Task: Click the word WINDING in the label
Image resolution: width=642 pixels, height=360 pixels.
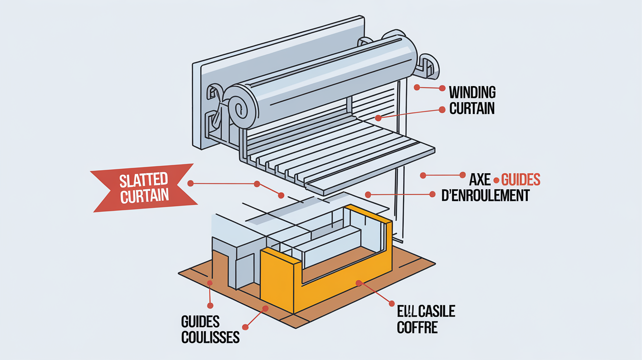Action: click(472, 92)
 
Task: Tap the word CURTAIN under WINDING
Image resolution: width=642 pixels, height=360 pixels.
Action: click(472, 108)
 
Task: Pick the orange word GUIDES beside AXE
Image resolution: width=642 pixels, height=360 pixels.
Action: click(521, 179)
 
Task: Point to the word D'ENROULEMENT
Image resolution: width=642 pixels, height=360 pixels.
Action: click(485, 195)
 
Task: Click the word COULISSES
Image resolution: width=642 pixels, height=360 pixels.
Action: click(210, 337)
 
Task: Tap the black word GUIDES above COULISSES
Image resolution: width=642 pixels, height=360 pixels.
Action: click(200, 322)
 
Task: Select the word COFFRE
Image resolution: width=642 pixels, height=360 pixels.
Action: click(417, 327)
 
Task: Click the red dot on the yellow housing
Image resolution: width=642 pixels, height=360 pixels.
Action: click(359, 282)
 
